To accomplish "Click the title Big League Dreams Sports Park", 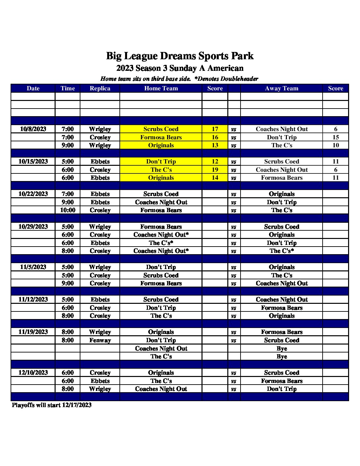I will click(x=180, y=56).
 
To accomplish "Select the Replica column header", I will click(x=100, y=88).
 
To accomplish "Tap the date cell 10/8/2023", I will click(x=33, y=129).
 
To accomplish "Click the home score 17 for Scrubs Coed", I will click(x=215, y=129).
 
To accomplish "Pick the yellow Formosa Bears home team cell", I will click(x=161, y=137).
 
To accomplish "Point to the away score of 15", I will click(x=336, y=137).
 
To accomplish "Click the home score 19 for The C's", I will click(x=215, y=170).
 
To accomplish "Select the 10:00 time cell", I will click(x=67, y=210).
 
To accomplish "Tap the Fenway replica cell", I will click(x=100, y=340).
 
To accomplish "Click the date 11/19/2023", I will click(x=33, y=332).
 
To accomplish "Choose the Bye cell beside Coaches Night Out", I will click(x=282, y=349).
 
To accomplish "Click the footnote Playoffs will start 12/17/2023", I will click(x=52, y=405).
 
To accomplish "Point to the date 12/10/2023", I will click(x=33, y=373).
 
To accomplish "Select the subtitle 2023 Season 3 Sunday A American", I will click(x=180, y=68).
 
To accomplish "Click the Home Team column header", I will click(x=161, y=88).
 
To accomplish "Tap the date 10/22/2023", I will click(x=33, y=194).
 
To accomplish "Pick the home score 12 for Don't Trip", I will click(x=215, y=162).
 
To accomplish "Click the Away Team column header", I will click(x=282, y=88).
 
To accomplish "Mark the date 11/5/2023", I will click(x=33, y=267).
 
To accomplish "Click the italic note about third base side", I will click(x=179, y=79).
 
